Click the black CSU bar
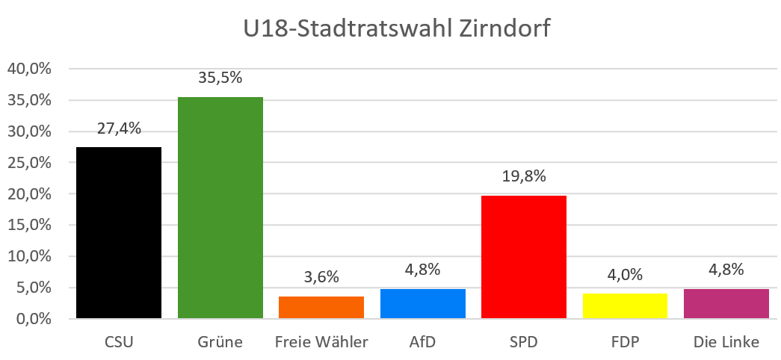(x=119, y=233)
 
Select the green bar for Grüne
(x=220, y=208)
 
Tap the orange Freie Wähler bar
(x=321, y=308)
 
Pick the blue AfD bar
(x=422, y=304)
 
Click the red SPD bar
(x=523, y=257)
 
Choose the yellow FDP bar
(x=625, y=306)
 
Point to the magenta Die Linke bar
(x=726, y=304)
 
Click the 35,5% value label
(x=220, y=78)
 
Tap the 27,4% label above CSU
(x=119, y=128)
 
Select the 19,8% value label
(x=523, y=177)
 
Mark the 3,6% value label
(x=321, y=278)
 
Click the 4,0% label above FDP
(x=625, y=275)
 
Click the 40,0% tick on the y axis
(x=28, y=69)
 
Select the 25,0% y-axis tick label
(x=28, y=163)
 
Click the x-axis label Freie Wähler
(x=321, y=343)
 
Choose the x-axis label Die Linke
(x=726, y=343)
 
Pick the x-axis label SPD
(x=523, y=343)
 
